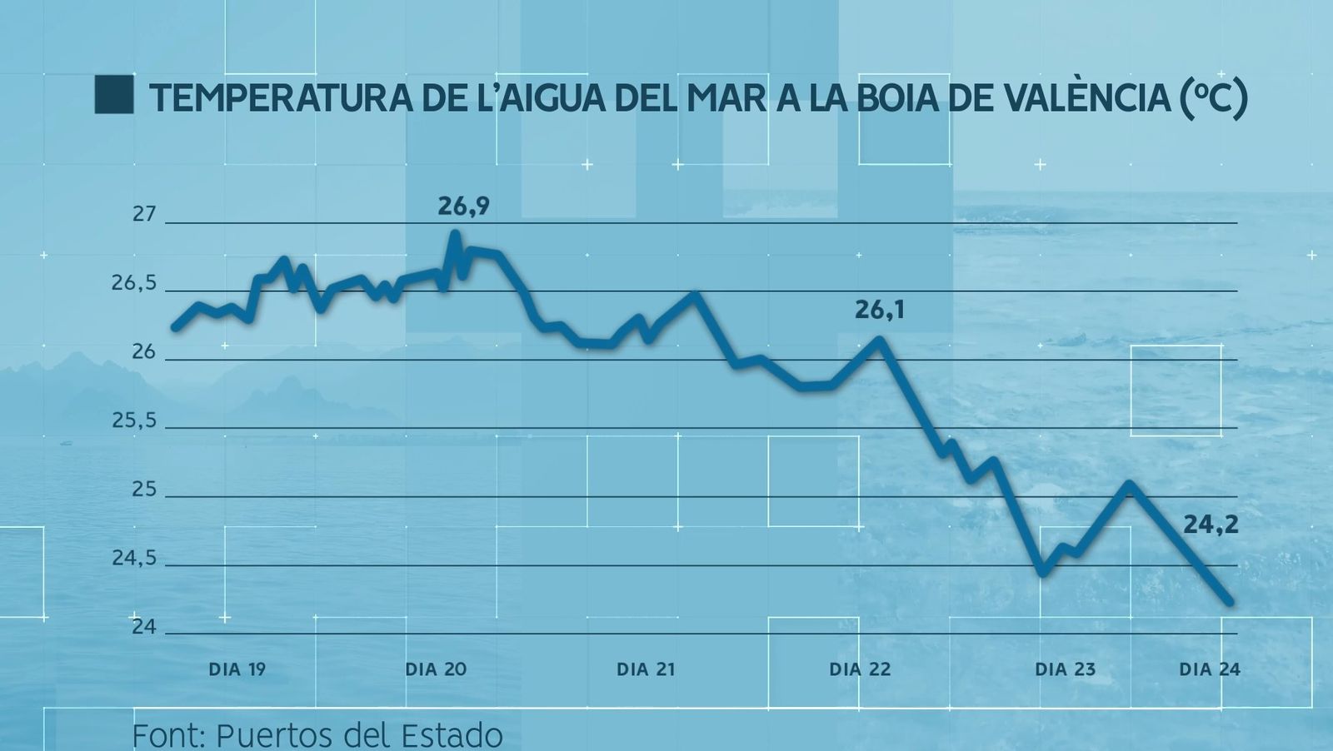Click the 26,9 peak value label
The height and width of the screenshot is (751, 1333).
pyautogui.click(x=463, y=206)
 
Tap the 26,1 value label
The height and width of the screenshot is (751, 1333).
pyautogui.click(x=879, y=311)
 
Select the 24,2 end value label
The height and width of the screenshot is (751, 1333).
pyautogui.click(x=1211, y=525)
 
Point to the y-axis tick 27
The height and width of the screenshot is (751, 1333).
pyautogui.click(x=144, y=214)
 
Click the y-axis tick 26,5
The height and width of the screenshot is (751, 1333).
pyautogui.click(x=134, y=283)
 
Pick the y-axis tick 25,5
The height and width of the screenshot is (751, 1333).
pyautogui.click(x=134, y=420)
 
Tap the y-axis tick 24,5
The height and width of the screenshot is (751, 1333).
pyautogui.click(x=134, y=558)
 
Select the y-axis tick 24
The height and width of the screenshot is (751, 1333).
pyautogui.click(x=144, y=626)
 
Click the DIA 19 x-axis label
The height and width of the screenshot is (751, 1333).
pyautogui.click(x=237, y=669)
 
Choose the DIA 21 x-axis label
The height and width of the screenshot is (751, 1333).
pyautogui.click(x=646, y=669)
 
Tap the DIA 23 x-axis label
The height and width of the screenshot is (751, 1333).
pyautogui.click(x=1065, y=669)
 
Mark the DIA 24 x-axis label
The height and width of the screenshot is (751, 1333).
pyautogui.click(x=1209, y=669)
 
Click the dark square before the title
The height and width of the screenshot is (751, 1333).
pyautogui.click(x=114, y=95)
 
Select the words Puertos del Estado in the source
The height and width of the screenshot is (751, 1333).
pyautogui.click(x=359, y=735)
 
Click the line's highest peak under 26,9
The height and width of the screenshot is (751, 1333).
pyautogui.click(x=455, y=234)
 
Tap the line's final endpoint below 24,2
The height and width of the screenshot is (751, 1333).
pyautogui.click(x=1229, y=601)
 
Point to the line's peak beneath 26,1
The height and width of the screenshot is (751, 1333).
pyautogui.click(x=879, y=340)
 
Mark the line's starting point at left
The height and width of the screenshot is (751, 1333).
pyautogui.click(x=175, y=327)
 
